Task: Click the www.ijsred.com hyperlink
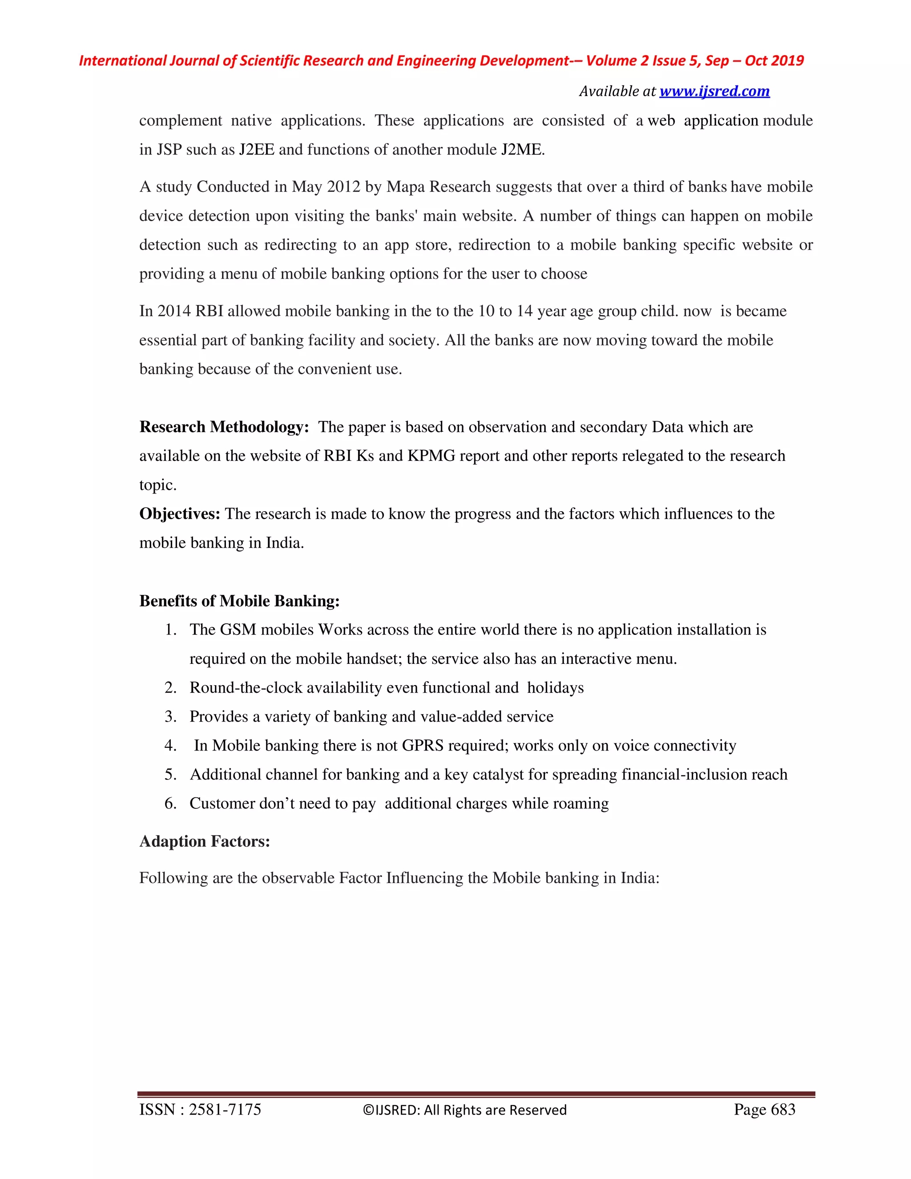click(714, 91)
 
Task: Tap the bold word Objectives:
click(180, 514)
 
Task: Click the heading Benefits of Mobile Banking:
click(239, 601)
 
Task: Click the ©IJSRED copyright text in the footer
click(464, 1110)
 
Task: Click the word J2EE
click(256, 149)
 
